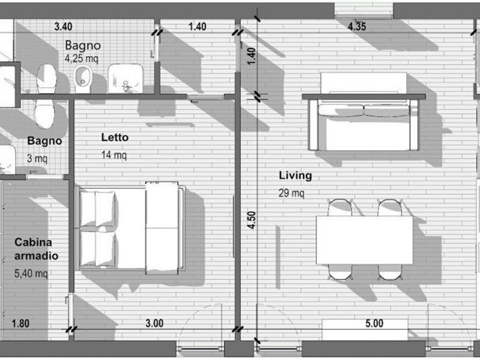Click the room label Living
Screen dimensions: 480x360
(295, 176)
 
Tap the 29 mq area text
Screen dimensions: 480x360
(291, 193)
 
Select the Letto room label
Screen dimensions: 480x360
(115, 137)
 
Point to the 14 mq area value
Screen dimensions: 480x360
(113, 155)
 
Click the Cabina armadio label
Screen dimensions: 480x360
(36, 249)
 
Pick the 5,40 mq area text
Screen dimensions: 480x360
(31, 273)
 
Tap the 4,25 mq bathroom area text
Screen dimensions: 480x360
(82, 58)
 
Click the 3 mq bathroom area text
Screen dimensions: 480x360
(37, 158)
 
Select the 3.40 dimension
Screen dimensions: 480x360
(64, 26)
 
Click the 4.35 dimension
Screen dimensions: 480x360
(357, 26)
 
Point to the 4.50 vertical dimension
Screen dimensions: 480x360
(251, 220)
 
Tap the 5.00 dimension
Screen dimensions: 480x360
(374, 323)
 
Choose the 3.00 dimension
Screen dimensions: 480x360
(154, 323)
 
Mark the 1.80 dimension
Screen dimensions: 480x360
(20, 323)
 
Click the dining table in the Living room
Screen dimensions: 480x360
(364, 240)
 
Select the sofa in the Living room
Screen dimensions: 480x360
(364, 125)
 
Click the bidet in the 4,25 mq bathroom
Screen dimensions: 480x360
(83, 80)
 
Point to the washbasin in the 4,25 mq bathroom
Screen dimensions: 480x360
(125, 79)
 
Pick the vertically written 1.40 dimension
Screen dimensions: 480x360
(251, 56)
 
